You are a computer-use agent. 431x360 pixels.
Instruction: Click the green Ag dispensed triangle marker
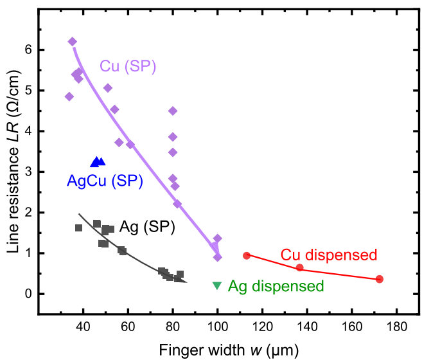click(x=217, y=285)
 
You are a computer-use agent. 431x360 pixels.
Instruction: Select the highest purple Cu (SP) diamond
click(x=73, y=42)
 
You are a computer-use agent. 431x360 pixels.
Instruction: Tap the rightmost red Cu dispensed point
click(x=380, y=279)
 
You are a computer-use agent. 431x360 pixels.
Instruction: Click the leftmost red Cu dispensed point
click(x=247, y=255)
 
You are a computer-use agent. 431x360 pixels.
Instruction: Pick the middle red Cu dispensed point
click(x=299, y=267)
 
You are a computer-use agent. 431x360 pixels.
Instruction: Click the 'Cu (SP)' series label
click(x=128, y=66)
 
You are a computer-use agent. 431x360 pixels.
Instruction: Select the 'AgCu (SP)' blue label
click(x=105, y=181)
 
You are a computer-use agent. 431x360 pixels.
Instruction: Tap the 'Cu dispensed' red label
click(x=328, y=255)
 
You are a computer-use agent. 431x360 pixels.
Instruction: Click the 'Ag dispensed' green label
click(x=276, y=286)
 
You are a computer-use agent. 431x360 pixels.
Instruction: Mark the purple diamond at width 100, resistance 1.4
click(x=218, y=239)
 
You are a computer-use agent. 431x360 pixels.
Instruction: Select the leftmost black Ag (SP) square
click(x=79, y=228)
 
